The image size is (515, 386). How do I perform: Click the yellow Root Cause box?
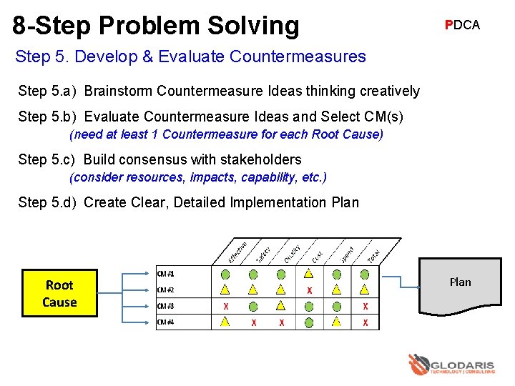coord(59,293)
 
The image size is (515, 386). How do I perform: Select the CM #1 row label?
coord(166,274)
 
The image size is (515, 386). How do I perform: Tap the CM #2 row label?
coord(166,290)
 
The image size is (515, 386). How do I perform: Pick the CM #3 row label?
coord(166,306)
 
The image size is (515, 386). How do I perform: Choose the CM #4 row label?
coord(166,322)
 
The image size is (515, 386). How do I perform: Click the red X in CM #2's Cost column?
coord(309,290)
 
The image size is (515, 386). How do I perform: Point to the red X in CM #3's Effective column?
coord(225,307)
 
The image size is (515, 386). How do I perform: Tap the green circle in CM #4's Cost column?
coord(309,322)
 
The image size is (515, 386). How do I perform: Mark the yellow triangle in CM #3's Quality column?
coord(281,307)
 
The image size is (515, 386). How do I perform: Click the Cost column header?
coord(318,254)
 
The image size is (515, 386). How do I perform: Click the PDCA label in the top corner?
coord(462,25)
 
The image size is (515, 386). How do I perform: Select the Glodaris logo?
coord(450,365)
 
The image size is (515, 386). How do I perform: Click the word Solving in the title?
coord(255,25)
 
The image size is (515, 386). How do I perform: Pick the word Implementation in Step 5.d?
coord(280,202)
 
